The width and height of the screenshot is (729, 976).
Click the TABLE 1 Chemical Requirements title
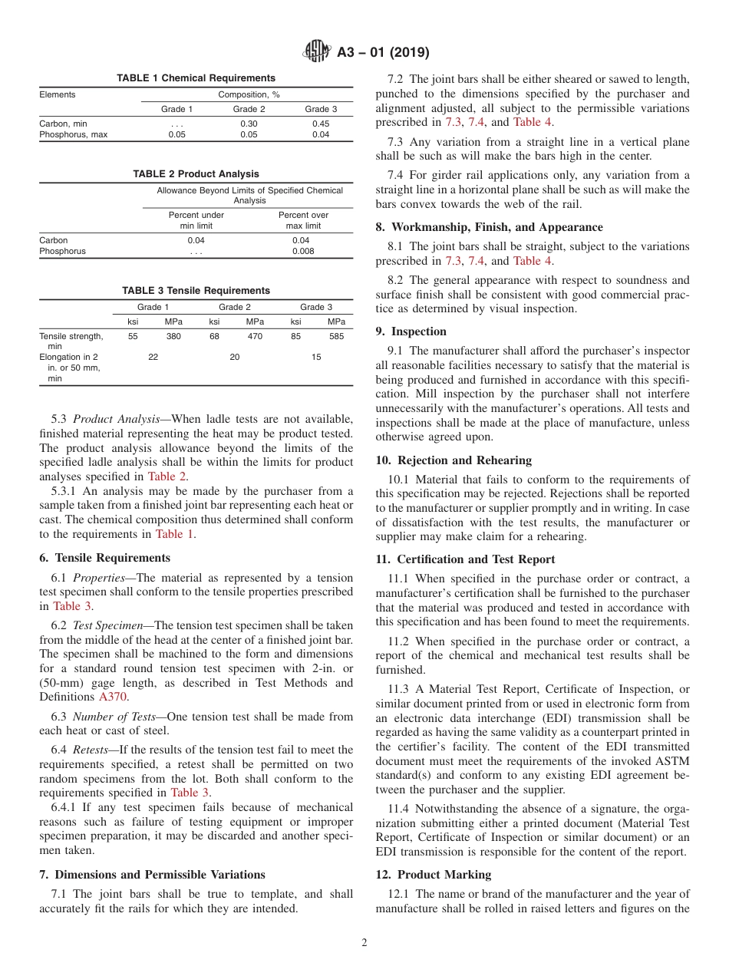[196, 78]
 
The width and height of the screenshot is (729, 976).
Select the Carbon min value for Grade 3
[321, 124]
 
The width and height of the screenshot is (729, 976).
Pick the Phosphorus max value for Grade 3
[321, 134]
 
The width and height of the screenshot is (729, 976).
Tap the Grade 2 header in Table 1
[249, 109]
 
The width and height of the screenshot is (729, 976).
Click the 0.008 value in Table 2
[303, 251]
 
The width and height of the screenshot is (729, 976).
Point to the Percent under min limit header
[196, 220]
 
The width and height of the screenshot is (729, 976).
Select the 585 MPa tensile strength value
[336, 336]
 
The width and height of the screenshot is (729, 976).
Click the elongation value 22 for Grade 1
[153, 357]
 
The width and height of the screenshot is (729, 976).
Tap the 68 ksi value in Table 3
[215, 336]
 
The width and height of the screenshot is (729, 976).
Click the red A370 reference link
[113, 697]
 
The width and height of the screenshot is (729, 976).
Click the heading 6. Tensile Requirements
[104, 558]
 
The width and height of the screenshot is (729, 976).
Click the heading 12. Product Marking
[434, 875]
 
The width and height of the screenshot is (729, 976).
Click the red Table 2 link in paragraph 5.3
[167, 476]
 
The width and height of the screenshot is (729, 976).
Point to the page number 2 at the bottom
[364, 943]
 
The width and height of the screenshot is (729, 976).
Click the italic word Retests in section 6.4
[90, 750]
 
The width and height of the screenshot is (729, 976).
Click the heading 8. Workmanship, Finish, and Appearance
[490, 227]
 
